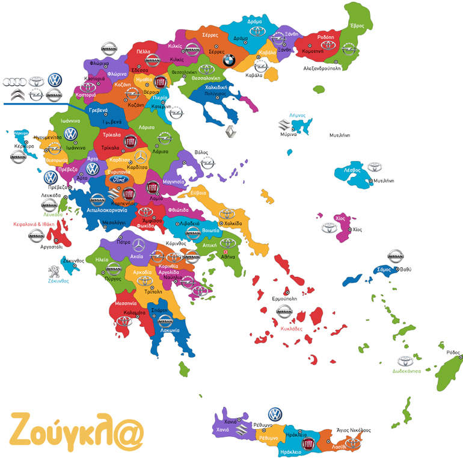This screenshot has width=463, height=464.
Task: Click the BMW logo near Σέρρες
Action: pos(228,60)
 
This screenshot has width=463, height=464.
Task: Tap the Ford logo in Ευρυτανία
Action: pos(117,179)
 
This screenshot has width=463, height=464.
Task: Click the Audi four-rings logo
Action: pos(13,81)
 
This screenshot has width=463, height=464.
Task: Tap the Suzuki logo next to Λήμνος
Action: pos(283,125)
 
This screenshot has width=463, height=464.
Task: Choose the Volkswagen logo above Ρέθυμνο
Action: pos(275,414)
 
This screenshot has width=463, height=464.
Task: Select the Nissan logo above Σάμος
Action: pos(394,256)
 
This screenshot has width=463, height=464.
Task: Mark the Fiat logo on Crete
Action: pos(307,444)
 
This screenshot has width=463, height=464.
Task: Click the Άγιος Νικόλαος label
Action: pos(353,430)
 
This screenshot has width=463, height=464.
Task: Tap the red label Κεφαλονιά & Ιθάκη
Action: pos(34,224)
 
